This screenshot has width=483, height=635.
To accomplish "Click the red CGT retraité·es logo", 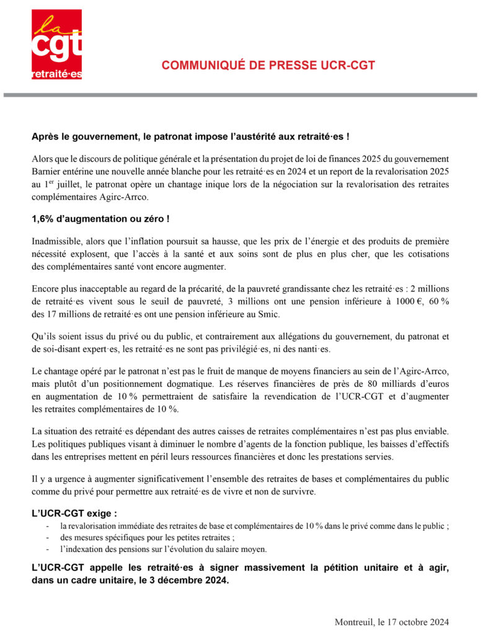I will (x=56, y=44).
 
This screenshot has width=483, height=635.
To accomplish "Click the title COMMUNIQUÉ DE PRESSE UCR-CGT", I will (x=268, y=66).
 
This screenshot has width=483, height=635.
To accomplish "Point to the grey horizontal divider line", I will (x=241, y=95).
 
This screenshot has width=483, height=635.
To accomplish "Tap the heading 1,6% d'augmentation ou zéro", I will (x=100, y=219).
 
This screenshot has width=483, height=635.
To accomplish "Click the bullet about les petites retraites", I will (x=146, y=538).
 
